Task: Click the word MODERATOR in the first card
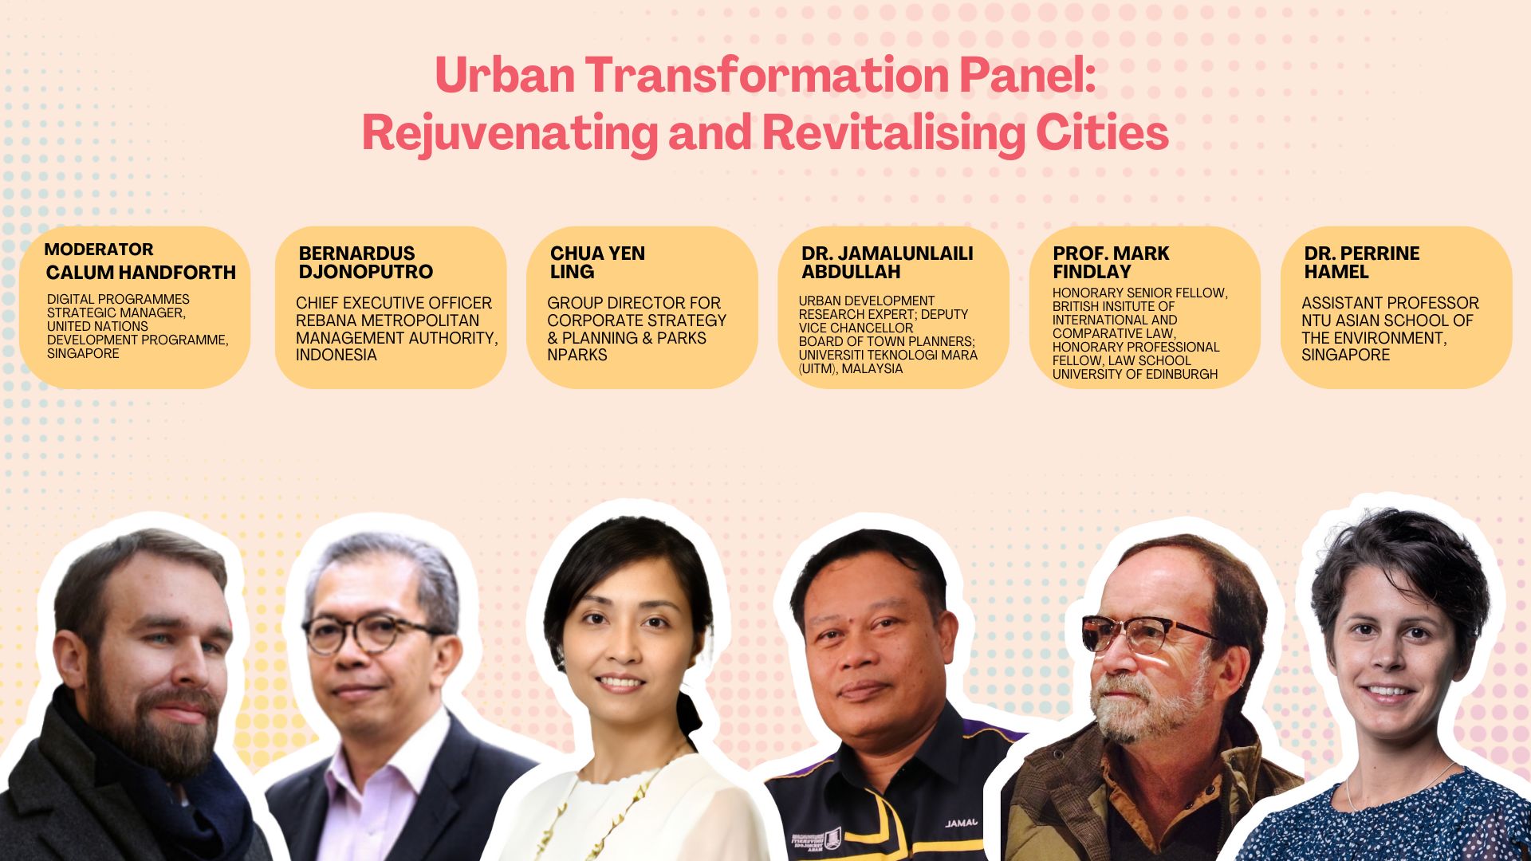point(99,250)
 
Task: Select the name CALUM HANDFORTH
point(141,273)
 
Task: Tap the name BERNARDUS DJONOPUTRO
point(365,262)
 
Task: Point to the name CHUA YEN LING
point(597,262)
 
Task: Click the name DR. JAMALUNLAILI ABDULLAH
point(887,262)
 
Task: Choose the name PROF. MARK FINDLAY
point(1110,262)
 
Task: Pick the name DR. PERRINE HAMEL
point(1361,262)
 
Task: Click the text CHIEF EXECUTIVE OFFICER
point(394,304)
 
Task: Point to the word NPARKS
point(577,356)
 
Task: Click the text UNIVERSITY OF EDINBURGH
point(1135,374)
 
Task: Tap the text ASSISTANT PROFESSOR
point(1390,304)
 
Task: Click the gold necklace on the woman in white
point(630,805)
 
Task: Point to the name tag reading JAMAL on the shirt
point(961,823)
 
